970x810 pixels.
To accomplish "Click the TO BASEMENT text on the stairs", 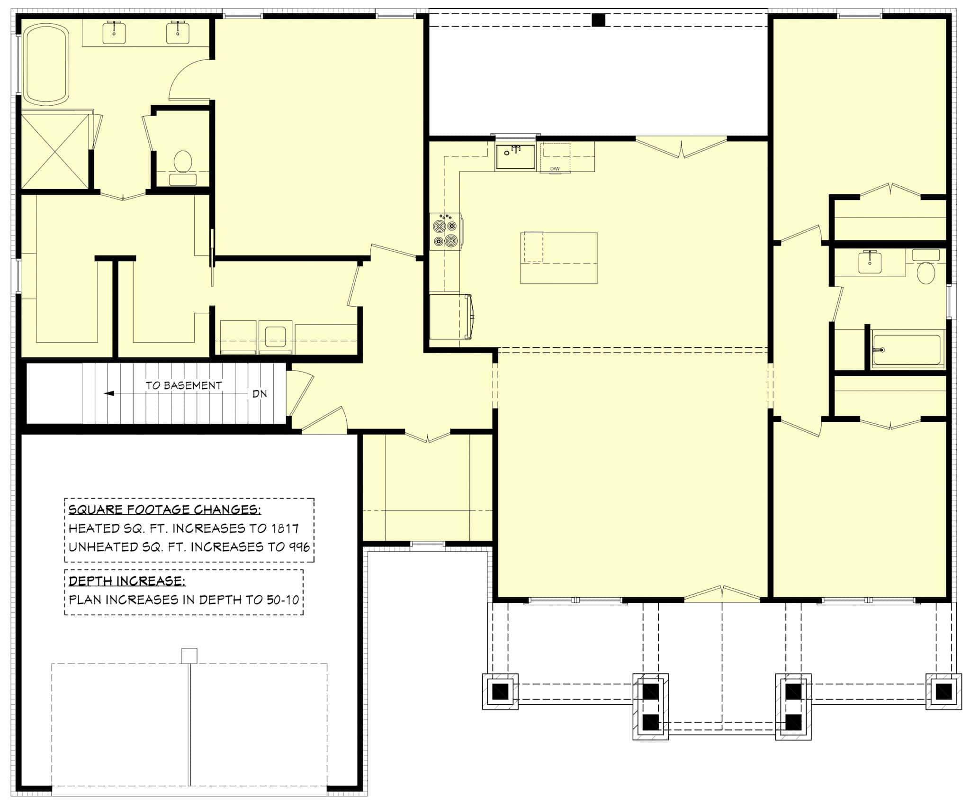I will click(x=184, y=385).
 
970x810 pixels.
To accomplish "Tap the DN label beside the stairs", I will click(x=260, y=394).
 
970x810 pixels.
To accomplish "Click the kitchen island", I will click(x=559, y=258).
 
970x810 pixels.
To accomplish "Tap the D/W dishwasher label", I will click(x=555, y=169).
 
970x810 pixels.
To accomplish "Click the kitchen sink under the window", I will click(x=515, y=157).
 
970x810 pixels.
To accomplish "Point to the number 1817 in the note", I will click(x=285, y=528).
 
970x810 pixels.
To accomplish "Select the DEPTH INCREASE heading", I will click(x=127, y=581).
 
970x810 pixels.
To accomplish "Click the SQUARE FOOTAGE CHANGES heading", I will click(x=164, y=510).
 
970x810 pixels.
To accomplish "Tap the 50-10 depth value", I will click(x=283, y=600).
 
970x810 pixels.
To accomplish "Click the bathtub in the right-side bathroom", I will click(x=907, y=350).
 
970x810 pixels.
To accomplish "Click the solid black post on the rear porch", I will click(x=599, y=20).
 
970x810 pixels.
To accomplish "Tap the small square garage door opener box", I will click(x=189, y=656).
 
